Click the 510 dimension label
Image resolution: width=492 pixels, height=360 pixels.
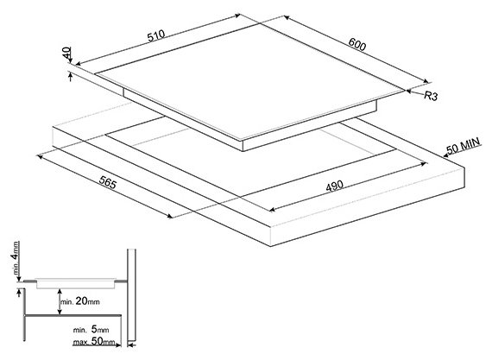pos(156,35)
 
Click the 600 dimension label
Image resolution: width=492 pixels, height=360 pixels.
pos(357,44)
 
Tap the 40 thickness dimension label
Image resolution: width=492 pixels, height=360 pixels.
pos(66,53)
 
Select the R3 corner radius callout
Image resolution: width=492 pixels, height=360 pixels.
pos(431,96)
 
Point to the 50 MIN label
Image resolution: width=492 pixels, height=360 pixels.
pos(464,146)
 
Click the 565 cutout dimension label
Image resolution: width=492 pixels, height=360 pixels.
pos(108,182)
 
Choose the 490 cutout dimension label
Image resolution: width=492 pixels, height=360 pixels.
pos(335,186)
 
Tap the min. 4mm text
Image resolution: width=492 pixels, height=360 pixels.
pos(15,258)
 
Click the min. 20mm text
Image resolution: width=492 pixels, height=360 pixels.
pos(80,301)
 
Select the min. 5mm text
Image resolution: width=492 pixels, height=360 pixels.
pos(91,330)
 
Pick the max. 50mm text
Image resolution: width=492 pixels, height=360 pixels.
pos(94,341)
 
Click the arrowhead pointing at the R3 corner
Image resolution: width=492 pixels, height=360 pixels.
pos(409,91)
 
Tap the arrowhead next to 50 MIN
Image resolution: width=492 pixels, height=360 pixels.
pos(446,155)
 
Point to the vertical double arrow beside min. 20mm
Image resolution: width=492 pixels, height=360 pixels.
pos(60,301)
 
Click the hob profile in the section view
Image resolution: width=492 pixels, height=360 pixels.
pos(76,283)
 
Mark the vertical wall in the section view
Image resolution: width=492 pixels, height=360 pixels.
pos(131,295)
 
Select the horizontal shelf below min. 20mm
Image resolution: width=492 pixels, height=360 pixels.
pos(73,315)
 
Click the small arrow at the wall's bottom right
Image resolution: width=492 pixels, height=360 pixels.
pos(133,345)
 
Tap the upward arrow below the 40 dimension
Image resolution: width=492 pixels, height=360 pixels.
pos(70,77)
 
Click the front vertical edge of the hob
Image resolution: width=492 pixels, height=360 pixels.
pos(243,146)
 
